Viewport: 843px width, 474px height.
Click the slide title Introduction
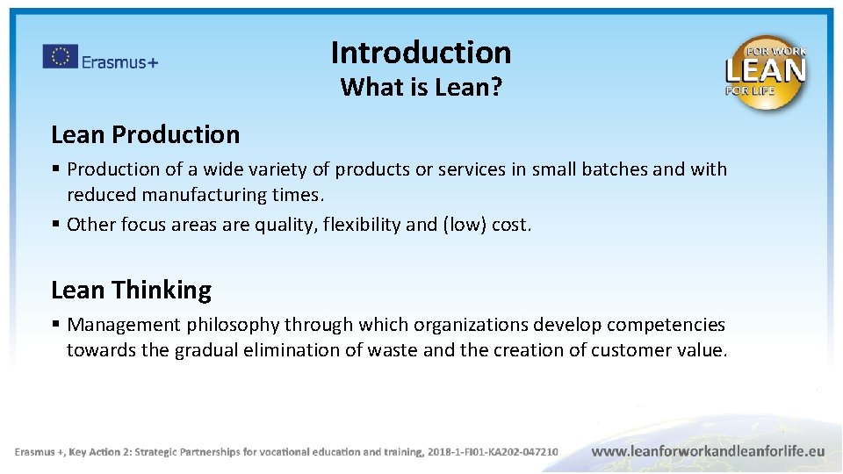click(421, 53)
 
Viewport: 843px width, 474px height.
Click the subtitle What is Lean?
click(421, 87)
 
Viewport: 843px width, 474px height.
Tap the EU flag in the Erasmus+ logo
click(60, 57)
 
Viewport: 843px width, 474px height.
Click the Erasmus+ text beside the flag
click(119, 61)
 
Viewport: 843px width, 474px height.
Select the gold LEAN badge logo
click(765, 72)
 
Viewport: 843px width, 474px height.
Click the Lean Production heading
click(145, 134)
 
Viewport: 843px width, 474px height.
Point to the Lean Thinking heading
click(131, 290)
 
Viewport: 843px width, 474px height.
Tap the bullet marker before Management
click(56, 325)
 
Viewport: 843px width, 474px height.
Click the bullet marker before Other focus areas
click(56, 224)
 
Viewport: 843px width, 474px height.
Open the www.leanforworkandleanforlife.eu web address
click(708, 451)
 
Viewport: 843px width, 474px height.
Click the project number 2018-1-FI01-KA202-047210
click(492, 452)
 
